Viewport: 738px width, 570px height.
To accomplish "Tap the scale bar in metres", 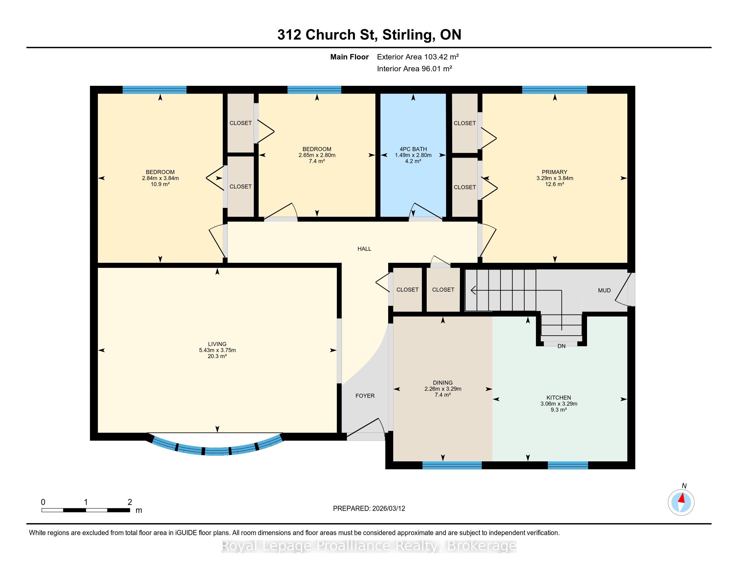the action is pyautogui.click(x=86, y=510).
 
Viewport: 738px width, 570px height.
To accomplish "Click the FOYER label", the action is pyautogui.click(x=365, y=396).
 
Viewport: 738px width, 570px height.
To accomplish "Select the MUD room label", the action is pyautogui.click(x=604, y=290).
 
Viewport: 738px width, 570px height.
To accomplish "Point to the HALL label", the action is pyautogui.click(x=364, y=249).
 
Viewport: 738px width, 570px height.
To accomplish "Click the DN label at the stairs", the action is pyautogui.click(x=561, y=346).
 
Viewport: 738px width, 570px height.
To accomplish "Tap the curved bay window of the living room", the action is pyautogui.click(x=217, y=449).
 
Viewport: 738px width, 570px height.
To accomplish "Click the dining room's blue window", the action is pyautogui.click(x=452, y=465).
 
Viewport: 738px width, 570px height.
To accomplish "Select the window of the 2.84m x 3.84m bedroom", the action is pyautogui.click(x=154, y=90).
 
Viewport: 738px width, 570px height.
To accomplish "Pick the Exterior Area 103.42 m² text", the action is pyautogui.click(x=418, y=57).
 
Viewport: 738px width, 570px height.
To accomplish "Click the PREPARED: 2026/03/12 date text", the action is pyautogui.click(x=369, y=509).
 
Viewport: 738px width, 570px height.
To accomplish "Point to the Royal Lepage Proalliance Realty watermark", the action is pyautogui.click(x=369, y=546).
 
